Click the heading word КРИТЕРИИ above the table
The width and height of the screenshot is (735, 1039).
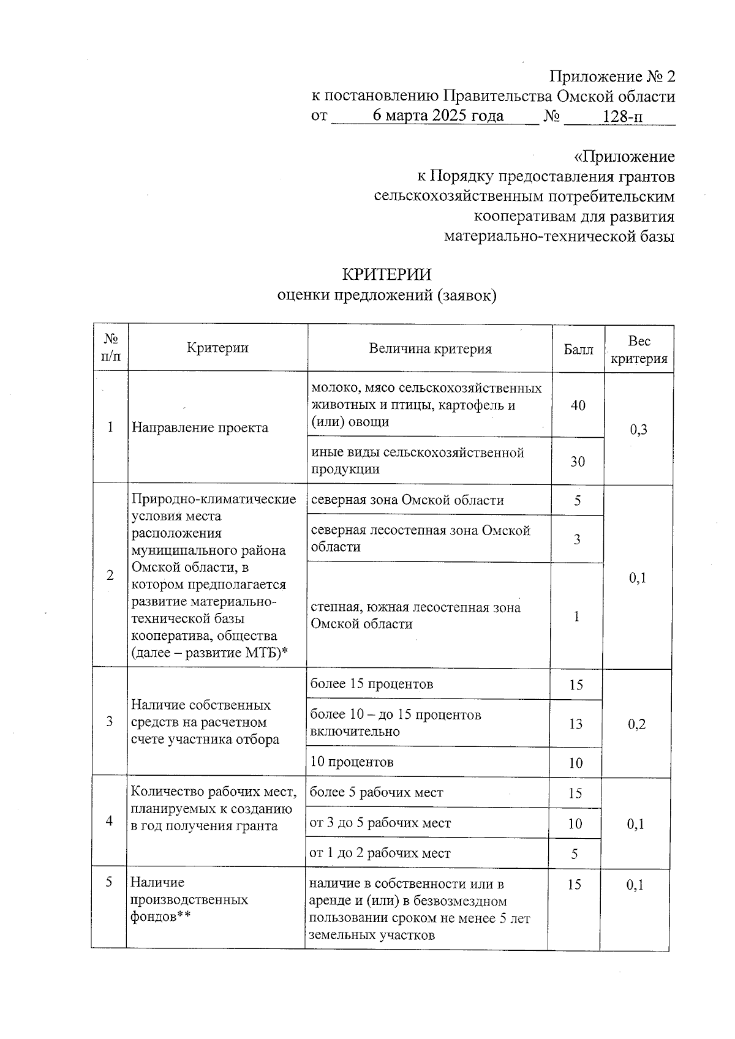386,274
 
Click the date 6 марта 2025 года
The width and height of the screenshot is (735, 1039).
438,116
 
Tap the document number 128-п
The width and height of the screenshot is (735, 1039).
623,116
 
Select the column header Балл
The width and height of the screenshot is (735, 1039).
578,350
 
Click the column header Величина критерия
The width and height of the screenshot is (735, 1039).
430,349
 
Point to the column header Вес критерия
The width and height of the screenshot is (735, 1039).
639,350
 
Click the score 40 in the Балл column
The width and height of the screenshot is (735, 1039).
578,405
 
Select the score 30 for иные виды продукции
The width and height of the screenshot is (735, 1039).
578,462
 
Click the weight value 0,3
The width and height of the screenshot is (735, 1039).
638,430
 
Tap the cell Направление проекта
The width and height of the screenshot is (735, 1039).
200,427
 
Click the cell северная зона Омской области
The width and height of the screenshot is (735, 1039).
407,500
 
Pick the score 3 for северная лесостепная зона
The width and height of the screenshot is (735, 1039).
577,539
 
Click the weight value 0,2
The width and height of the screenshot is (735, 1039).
637,724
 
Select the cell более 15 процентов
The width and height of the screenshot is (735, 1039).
372,684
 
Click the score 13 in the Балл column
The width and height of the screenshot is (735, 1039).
575,724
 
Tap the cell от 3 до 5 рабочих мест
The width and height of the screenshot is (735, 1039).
380,823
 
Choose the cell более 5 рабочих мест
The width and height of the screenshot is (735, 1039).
377,793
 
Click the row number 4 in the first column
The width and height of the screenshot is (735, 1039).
109,820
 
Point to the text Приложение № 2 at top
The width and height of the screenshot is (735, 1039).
612,77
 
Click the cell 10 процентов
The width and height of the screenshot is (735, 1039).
352,762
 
